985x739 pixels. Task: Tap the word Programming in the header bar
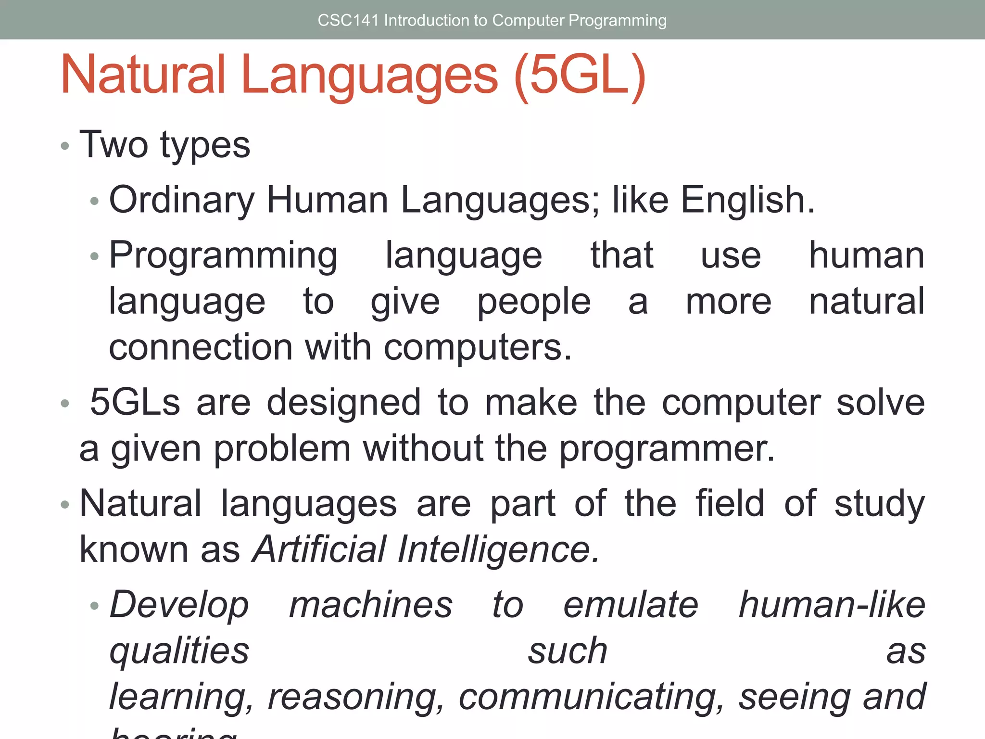pos(618,20)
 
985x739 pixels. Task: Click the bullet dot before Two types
pos(65,146)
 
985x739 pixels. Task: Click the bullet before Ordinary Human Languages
pos(95,201)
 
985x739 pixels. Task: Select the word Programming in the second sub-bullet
pos(223,255)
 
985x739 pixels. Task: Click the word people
pos(534,302)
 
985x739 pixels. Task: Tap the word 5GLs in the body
pos(135,402)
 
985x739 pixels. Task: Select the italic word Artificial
pos(319,549)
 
